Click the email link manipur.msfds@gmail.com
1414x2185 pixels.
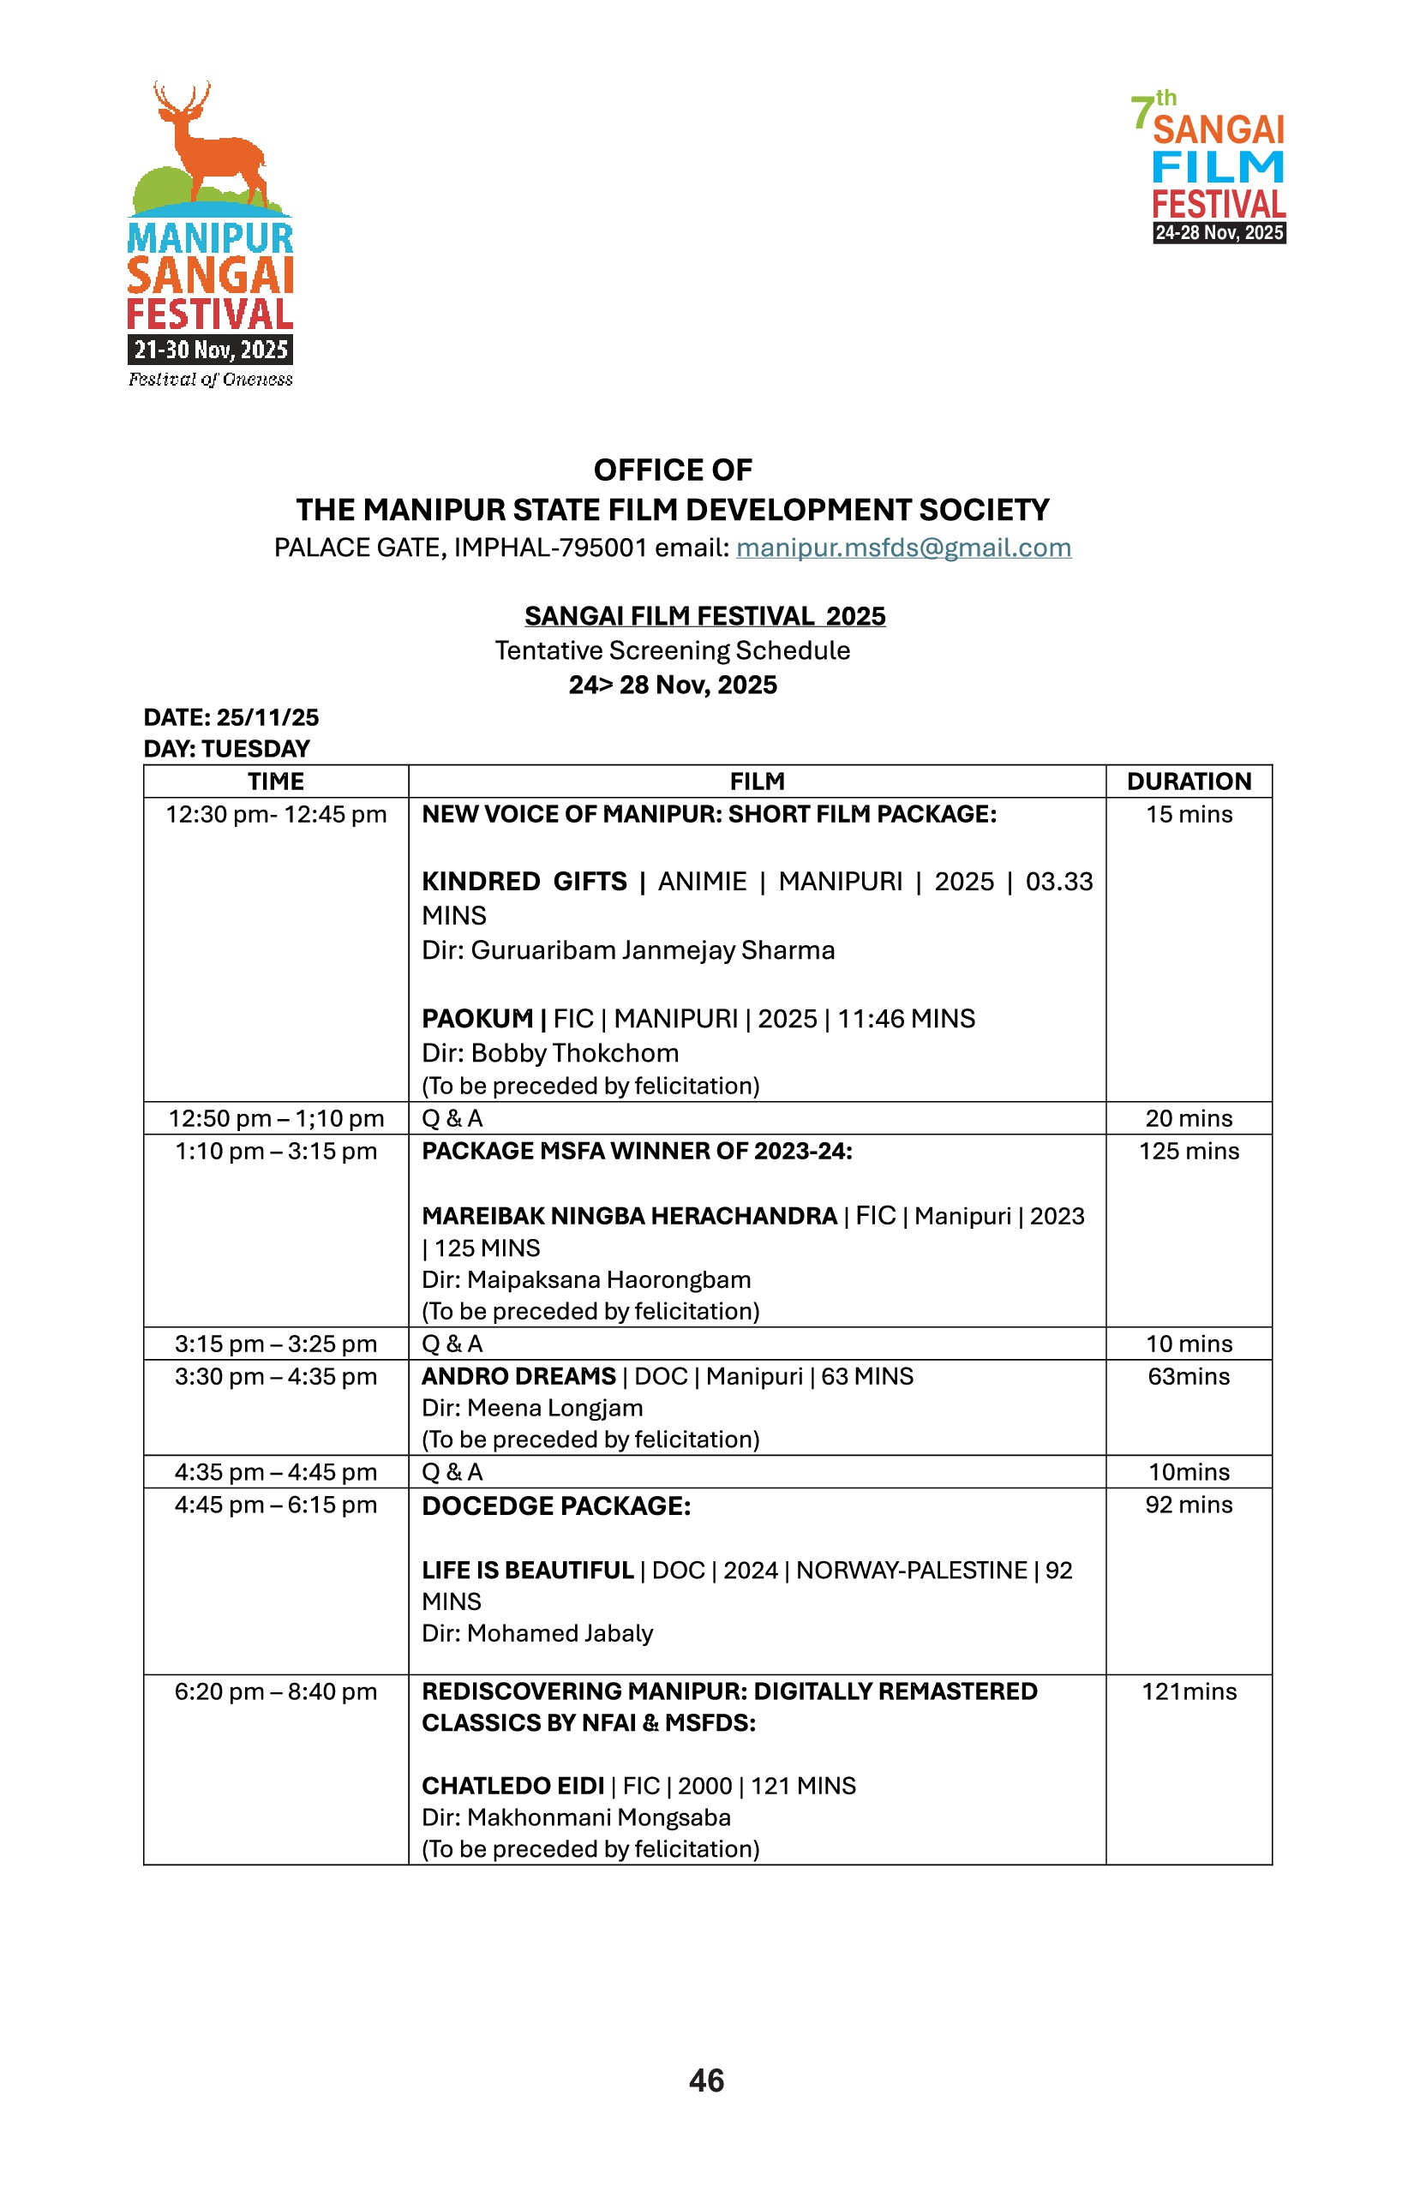(x=902, y=548)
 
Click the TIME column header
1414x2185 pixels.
(x=275, y=781)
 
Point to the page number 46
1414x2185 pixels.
(x=706, y=2080)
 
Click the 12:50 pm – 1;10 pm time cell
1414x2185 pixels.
(x=275, y=1118)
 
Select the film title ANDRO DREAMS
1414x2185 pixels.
(x=518, y=1376)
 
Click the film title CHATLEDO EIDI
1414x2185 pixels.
(x=512, y=1786)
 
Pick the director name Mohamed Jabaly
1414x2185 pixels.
(x=560, y=1633)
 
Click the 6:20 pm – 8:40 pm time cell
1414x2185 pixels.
(x=275, y=1692)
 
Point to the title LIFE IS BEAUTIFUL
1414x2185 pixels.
(x=528, y=1571)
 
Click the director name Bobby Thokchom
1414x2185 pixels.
(x=575, y=1053)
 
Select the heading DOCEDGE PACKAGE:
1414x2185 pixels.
(x=555, y=1506)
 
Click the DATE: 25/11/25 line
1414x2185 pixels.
(x=231, y=718)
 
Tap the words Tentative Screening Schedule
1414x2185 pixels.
(x=672, y=651)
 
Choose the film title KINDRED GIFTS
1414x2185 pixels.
(x=524, y=882)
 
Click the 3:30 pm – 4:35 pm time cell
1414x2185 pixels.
(x=275, y=1376)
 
